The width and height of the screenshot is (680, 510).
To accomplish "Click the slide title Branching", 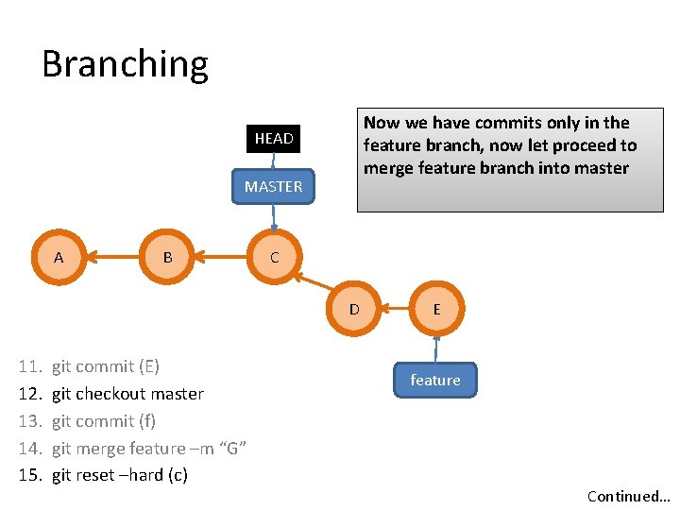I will point(125,64).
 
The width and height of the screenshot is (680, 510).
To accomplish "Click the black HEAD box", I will point(273,139).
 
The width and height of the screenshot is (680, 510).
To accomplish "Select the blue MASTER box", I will point(273,187).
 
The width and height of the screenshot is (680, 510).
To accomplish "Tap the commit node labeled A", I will point(59,257).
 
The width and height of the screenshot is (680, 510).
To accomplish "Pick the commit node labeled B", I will point(167,257).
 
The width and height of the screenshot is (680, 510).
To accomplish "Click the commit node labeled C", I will point(274,257).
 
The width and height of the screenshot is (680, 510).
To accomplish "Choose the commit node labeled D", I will point(354,309).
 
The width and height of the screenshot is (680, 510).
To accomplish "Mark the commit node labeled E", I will point(436,309).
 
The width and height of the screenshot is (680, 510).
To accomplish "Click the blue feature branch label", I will point(435,380).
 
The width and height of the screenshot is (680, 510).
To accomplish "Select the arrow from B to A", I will point(113,257).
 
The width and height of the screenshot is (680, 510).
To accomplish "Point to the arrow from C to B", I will point(220,257).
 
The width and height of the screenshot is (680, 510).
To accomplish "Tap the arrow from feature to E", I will point(436,348).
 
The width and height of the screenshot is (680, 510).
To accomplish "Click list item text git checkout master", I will point(127,394).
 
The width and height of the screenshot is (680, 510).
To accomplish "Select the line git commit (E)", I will point(106,366).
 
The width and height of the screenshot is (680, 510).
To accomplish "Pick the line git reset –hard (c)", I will point(120,475).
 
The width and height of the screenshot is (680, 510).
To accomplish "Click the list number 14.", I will point(30,449).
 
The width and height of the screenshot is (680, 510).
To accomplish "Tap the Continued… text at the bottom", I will point(628,497).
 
